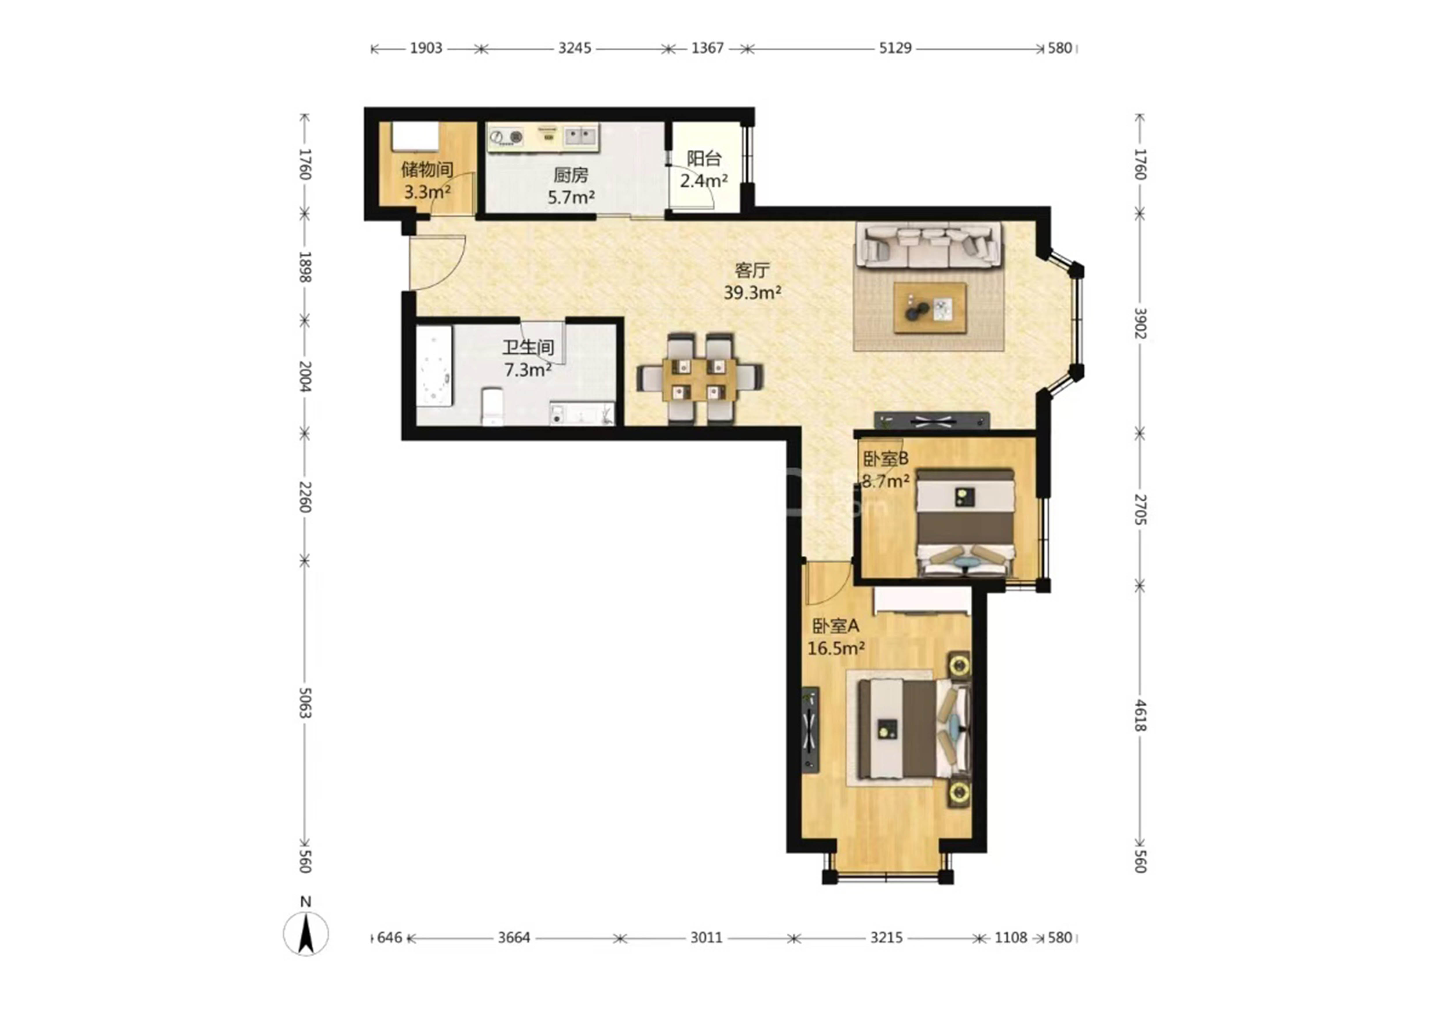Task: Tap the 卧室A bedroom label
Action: (835, 626)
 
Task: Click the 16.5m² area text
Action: (835, 648)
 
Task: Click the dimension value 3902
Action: (1140, 323)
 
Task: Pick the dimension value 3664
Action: (514, 937)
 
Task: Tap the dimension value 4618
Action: (1140, 715)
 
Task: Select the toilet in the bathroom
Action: (493, 407)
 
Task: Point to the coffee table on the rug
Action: (930, 308)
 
